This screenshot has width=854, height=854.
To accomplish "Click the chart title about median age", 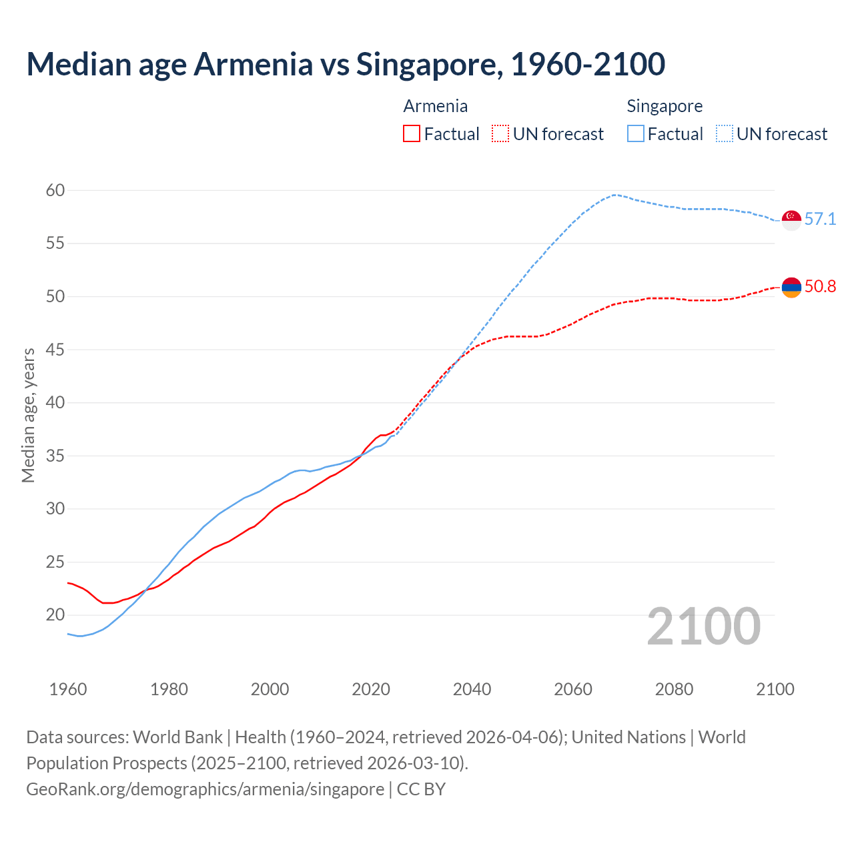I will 346,64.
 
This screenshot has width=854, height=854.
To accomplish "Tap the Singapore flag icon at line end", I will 791,220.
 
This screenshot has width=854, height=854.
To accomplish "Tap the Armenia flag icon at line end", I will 791,288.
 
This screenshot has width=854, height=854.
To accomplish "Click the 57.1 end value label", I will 820,219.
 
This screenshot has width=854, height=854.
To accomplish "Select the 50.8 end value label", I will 820,286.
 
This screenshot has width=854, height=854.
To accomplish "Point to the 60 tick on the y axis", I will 55,191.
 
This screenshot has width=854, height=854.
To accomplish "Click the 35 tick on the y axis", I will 55,456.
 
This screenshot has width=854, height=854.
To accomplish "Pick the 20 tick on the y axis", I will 55,614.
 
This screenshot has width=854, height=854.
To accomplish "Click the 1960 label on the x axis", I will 68,689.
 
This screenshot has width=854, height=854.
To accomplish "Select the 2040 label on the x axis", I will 472,689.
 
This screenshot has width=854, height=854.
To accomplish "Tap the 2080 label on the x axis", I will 674,689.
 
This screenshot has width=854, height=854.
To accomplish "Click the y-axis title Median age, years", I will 28,415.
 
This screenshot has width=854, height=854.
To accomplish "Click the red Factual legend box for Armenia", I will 412,133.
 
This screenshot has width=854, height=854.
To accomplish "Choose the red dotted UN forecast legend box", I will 500,133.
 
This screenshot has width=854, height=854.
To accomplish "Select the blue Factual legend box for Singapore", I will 636,133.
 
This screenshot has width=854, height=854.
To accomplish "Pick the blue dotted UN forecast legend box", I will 725,133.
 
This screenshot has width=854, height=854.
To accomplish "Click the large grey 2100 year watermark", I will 703,626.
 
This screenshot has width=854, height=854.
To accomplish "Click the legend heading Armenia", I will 436,106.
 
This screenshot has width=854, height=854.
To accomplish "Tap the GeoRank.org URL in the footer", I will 205,789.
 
